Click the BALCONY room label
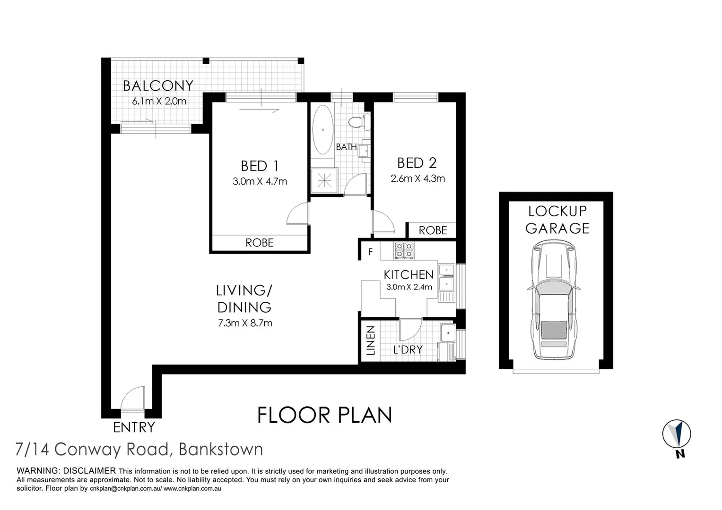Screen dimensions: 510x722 point(158,86)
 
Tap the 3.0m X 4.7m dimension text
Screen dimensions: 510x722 point(260,181)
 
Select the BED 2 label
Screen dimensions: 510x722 point(417,163)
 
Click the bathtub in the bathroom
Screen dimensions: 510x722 point(323,129)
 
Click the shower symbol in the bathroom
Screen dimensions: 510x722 point(324,180)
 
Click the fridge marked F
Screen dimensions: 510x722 point(370,252)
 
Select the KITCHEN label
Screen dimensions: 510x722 point(409,275)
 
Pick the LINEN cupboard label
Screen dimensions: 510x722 point(370,340)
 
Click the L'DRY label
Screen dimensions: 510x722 point(408,350)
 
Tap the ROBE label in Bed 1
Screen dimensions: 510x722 point(260,243)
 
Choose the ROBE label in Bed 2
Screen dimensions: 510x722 point(433,230)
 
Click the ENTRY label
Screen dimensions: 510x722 point(134,427)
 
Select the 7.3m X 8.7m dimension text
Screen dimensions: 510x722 point(244,323)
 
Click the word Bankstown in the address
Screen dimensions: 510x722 point(221,449)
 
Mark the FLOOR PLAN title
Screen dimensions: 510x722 point(324,415)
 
